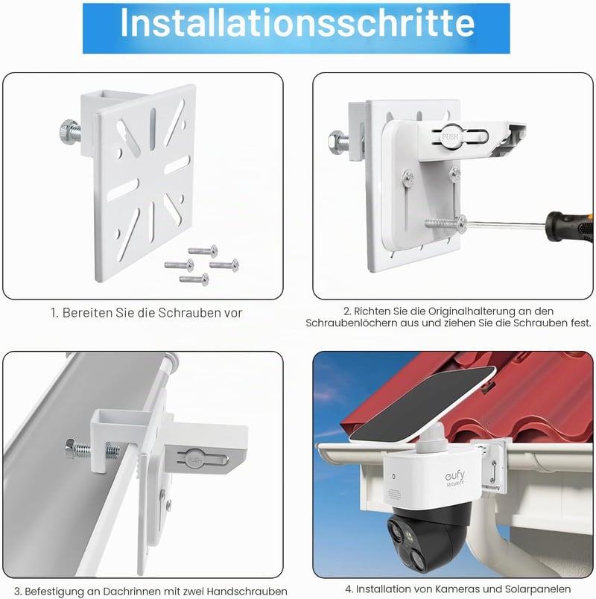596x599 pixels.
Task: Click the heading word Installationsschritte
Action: coord(297,23)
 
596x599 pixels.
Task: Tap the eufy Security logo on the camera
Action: coord(455,478)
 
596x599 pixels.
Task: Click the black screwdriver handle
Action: coord(570,226)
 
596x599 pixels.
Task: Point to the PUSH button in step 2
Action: coord(450,137)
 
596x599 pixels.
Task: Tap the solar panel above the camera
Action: coord(423,405)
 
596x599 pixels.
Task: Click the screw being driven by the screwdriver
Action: coord(446,224)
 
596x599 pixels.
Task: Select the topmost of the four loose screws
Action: coord(203,251)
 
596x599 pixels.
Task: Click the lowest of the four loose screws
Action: coord(194,279)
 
